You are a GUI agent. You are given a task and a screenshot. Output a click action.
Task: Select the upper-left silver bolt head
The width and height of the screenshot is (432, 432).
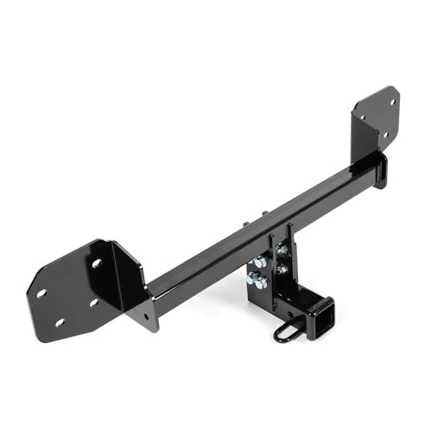coord(259,262)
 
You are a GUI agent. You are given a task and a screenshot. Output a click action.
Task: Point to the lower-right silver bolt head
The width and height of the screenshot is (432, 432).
coord(282,269)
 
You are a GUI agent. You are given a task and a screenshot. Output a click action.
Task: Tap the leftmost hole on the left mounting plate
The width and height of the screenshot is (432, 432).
coord(41,293)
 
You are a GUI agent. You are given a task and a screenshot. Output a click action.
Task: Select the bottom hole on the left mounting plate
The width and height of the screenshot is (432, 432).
coord(60,322)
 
